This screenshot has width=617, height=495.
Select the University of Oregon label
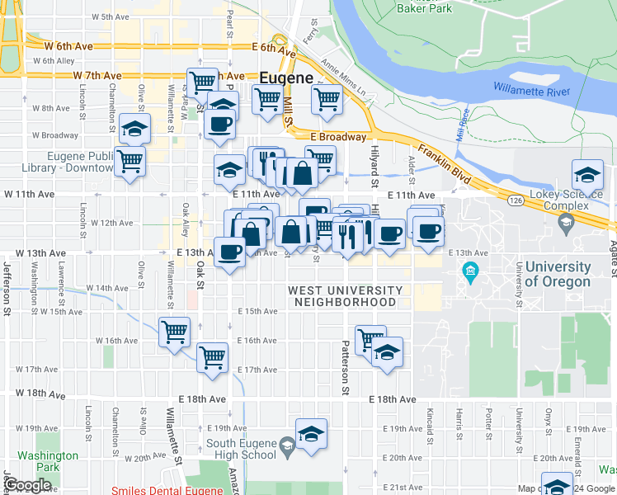[558, 275]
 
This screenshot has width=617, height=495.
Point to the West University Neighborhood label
[345, 296]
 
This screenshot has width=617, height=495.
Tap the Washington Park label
[48, 460]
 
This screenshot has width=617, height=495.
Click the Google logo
[28, 485]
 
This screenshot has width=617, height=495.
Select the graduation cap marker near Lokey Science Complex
[587, 174]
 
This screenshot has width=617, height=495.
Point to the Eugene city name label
[285, 78]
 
